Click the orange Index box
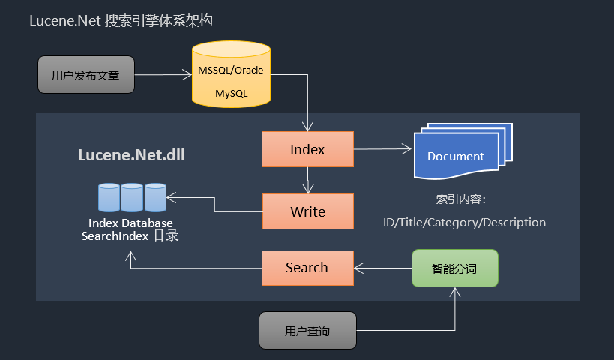(x=307, y=149)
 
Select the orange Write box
(x=307, y=211)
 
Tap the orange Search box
(x=307, y=268)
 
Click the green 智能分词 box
(x=454, y=268)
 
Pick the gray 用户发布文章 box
(x=86, y=75)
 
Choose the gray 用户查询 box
(x=307, y=331)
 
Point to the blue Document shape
(x=456, y=156)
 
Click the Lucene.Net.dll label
(x=132, y=156)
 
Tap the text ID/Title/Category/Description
(x=464, y=223)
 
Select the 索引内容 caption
(x=461, y=200)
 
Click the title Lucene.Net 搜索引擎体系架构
(x=121, y=21)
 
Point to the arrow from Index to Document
(x=382, y=149)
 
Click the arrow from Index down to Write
(x=307, y=180)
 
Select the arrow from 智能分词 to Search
(x=382, y=268)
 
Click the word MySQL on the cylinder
(x=231, y=94)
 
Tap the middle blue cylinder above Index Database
(x=132, y=197)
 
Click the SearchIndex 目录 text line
(x=130, y=235)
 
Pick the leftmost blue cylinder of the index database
(x=109, y=197)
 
